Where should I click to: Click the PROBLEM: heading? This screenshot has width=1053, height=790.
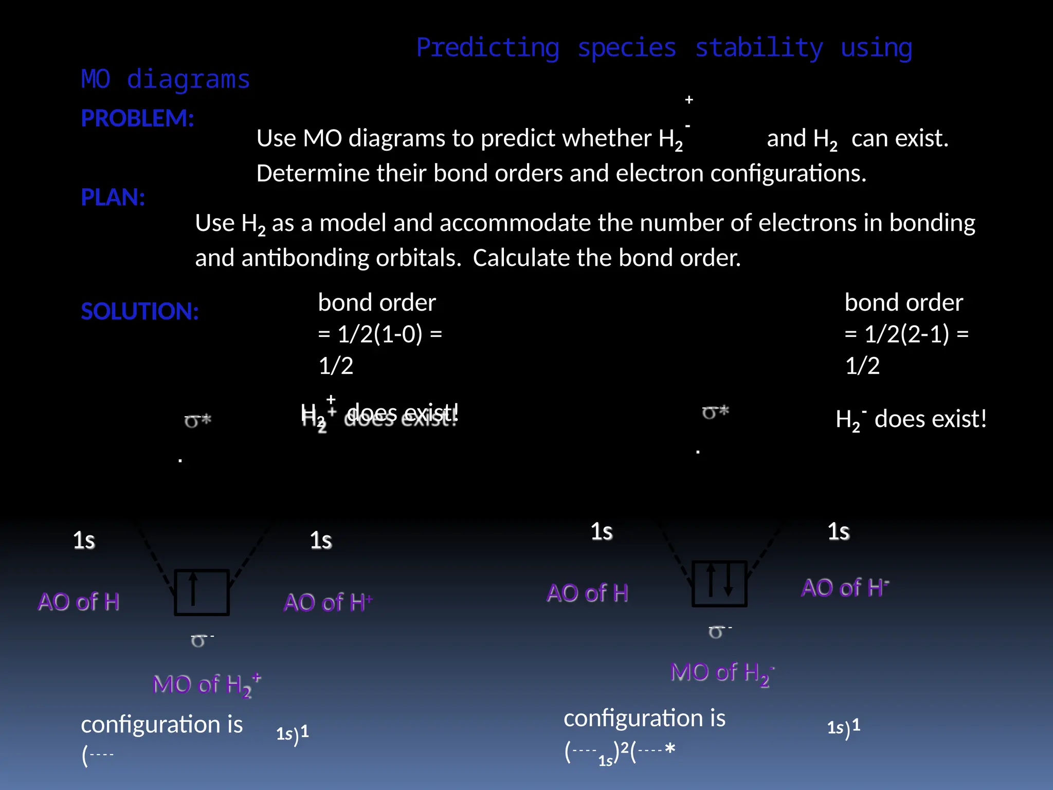coord(137,118)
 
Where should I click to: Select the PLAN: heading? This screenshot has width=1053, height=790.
coord(113,197)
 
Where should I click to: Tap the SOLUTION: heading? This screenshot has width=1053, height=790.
coord(139,312)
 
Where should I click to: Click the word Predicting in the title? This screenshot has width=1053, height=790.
coord(487,48)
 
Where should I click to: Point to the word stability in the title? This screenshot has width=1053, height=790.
coord(759,48)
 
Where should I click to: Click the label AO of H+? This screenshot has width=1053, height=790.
coord(328,602)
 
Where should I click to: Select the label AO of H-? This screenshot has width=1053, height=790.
coord(845,588)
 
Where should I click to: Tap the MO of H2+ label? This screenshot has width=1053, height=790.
coord(207,685)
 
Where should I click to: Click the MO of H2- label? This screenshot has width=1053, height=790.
coord(722,673)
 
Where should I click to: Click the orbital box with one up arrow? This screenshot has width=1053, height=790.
coord(202,592)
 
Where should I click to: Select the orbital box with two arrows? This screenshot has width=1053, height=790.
coord(719,584)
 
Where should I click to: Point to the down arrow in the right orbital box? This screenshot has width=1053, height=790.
coord(728,581)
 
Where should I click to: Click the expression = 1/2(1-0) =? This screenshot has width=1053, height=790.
coord(380,334)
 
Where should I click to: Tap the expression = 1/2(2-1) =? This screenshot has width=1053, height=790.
coord(906,334)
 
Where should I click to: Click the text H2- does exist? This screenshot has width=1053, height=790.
coord(911,420)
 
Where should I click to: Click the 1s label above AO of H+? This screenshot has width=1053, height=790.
coord(321,541)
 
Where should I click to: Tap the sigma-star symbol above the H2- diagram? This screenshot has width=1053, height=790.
coord(716,412)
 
